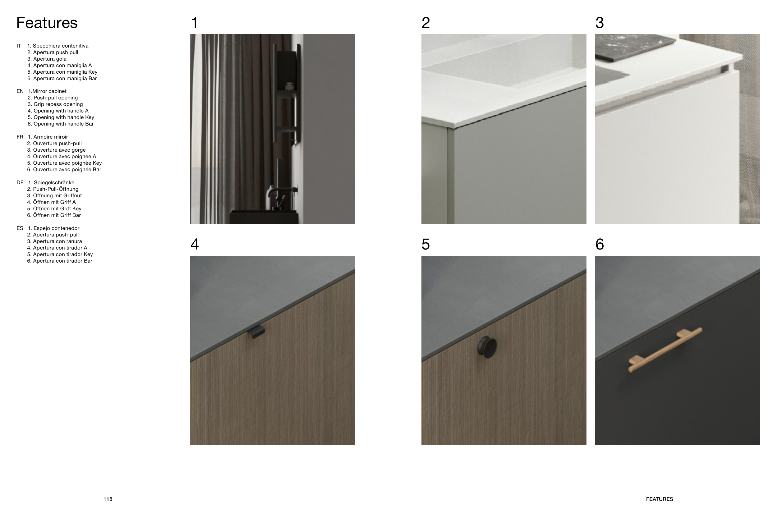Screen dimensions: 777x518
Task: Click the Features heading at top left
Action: (x=47, y=23)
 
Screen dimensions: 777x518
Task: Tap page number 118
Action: (x=108, y=499)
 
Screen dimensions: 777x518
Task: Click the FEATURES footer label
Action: (x=660, y=499)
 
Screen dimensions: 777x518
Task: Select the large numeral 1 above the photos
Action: (x=195, y=23)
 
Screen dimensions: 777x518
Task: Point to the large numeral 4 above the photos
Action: (x=195, y=245)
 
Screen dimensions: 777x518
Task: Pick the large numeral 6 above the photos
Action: (x=600, y=245)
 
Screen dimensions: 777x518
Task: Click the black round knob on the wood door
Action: (x=487, y=347)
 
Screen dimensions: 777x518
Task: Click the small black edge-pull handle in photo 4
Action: (x=257, y=332)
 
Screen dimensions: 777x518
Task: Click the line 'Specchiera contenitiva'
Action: (x=61, y=46)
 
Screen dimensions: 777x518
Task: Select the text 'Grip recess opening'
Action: (x=58, y=104)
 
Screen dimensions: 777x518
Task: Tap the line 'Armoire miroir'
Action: (x=51, y=137)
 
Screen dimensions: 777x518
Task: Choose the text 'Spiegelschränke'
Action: (x=54, y=183)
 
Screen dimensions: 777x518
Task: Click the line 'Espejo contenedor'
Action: (x=57, y=228)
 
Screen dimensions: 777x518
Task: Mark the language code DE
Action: (x=20, y=183)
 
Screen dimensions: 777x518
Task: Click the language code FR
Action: (x=20, y=137)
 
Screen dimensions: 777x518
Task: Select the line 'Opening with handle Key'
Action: (x=64, y=117)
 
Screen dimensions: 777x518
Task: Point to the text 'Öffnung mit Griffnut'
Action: (x=57, y=195)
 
